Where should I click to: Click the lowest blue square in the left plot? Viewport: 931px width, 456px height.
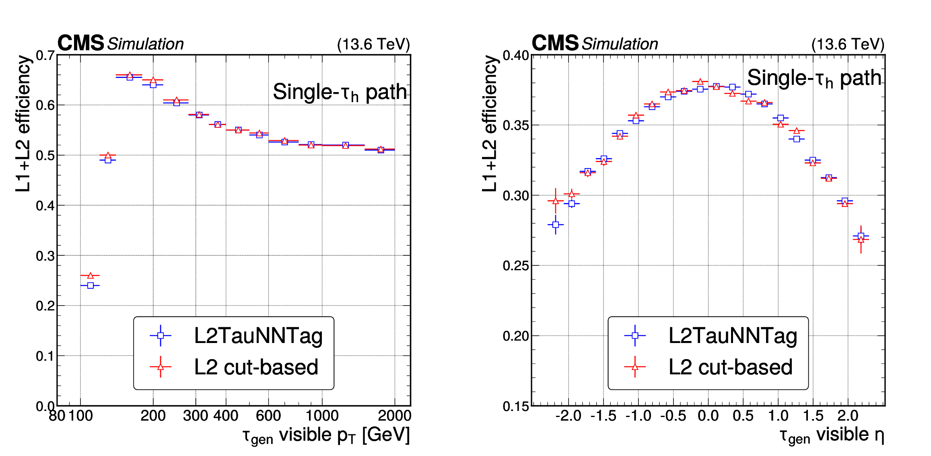90,286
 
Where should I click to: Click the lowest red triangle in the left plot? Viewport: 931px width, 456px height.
90,275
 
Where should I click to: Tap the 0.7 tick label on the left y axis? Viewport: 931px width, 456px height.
45,55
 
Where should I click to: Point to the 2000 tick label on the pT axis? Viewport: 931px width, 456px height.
394,416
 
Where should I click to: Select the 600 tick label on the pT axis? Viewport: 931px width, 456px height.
268,416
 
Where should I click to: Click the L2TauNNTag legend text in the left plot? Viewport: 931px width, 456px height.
258,336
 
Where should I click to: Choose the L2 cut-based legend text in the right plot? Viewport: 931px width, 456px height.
730,367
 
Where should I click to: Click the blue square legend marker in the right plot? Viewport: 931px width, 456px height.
635,335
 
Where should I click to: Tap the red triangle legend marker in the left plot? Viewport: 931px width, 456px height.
161,367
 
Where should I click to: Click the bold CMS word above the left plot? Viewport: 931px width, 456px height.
81,43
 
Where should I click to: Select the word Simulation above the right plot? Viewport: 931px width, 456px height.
620,44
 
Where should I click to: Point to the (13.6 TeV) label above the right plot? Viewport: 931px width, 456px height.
848,44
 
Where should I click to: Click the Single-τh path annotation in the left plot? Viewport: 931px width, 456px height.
340,92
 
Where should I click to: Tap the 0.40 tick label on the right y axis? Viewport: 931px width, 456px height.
516,55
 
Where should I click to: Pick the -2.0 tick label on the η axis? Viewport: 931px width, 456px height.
568,416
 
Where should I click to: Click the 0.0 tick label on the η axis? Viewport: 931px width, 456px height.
708,416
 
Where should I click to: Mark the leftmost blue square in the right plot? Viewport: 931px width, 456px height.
556,225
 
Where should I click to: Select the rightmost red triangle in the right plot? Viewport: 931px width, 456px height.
861,240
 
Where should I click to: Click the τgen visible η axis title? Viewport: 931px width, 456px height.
832,435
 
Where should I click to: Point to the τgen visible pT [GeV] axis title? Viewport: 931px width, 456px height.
326,435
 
